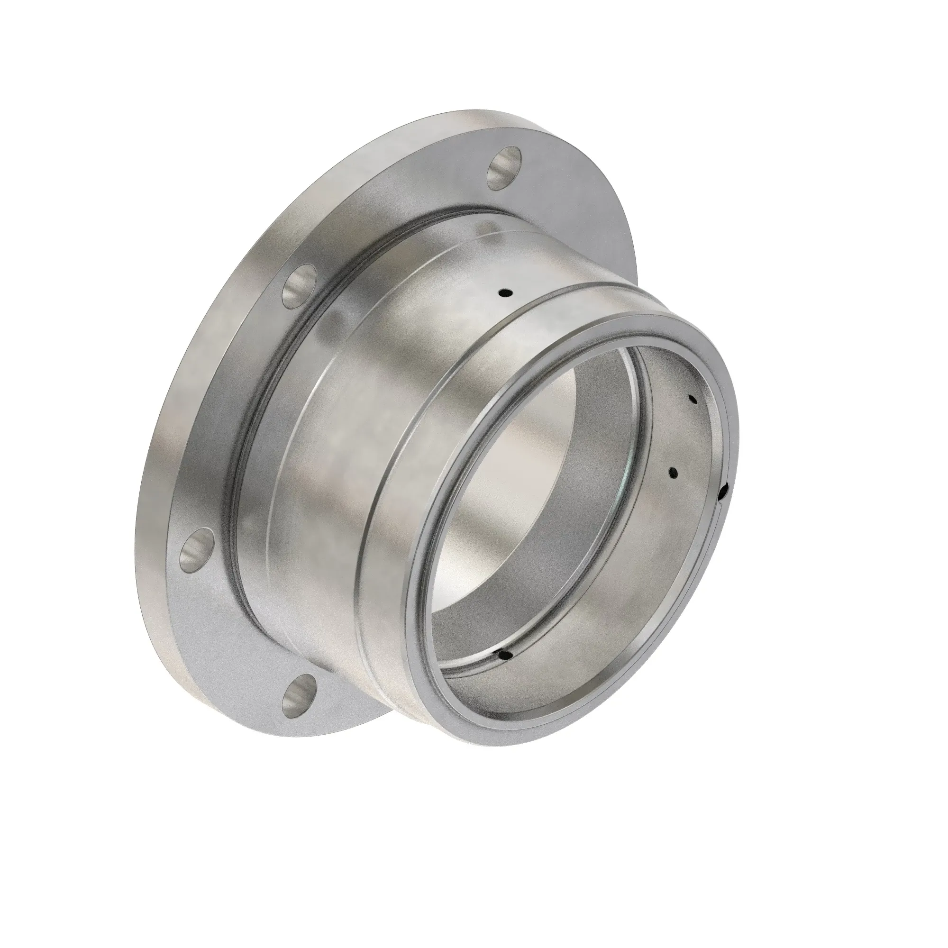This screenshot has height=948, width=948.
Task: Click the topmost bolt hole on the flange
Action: coord(504,168)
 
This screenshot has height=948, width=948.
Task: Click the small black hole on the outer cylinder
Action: coord(504,294)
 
